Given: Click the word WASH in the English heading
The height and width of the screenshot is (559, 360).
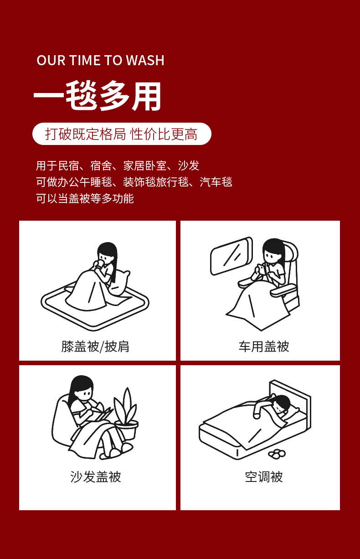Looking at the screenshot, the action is (145, 60).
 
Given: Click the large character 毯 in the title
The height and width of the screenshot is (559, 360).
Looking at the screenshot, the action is (81, 96).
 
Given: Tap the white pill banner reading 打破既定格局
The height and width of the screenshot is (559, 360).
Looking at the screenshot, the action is (122, 134).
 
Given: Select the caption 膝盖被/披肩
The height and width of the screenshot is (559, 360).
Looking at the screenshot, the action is (95, 347).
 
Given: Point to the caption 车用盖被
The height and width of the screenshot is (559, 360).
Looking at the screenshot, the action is (264, 347).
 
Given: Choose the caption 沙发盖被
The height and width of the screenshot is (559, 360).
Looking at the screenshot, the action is (96, 477).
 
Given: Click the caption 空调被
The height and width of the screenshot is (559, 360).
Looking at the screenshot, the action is (264, 477).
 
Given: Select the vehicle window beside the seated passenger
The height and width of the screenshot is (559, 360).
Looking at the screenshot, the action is (231, 256).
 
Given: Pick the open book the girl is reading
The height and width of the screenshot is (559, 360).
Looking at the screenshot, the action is (103, 413).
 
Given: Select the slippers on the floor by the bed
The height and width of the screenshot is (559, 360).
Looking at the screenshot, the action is (277, 454).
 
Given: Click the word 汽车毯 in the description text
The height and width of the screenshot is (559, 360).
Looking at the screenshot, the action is (216, 182).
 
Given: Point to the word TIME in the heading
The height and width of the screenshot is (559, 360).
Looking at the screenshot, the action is (85, 60).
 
